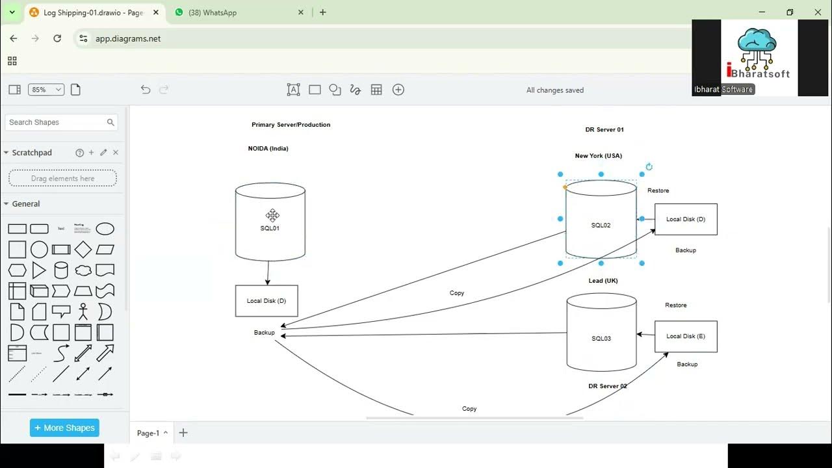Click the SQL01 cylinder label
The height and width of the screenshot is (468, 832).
tap(270, 228)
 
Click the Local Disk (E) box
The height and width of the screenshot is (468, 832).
tap(686, 336)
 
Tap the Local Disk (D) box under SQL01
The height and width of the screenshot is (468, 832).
tap(266, 301)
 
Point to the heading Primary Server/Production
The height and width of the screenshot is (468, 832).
tap(291, 125)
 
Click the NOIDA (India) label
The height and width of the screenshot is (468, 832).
tap(268, 149)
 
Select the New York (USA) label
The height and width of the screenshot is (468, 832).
tap(598, 156)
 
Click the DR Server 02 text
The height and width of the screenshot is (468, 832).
tap(608, 386)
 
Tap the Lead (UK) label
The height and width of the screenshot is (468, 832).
tap(603, 281)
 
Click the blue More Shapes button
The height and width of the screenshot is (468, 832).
tap(64, 428)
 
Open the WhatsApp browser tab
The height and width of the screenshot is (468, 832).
tap(213, 12)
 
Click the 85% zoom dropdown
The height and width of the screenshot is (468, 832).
tap(45, 90)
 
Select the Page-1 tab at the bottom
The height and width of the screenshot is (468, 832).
tap(148, 433)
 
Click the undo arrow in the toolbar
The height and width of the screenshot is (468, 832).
tap(146, 90)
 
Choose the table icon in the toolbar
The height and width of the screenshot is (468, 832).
tap(376, 90)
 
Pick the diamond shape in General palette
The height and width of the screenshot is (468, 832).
tap(83, 250)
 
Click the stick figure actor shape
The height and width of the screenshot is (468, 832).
tap(83, 312)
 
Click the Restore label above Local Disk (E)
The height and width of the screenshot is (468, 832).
tap(675, 305)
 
